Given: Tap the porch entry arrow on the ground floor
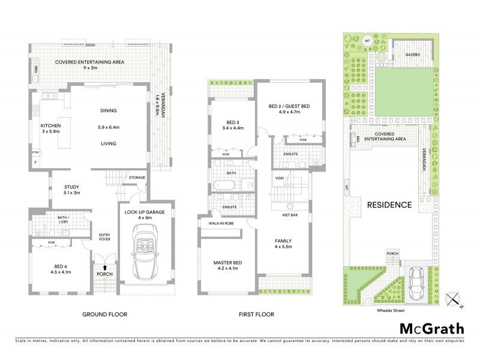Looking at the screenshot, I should tap(106, 268).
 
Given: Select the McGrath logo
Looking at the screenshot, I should tap(432, 329).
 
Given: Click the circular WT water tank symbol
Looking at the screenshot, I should tap(367, 41).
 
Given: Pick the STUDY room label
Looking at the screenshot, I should tap(71, 190).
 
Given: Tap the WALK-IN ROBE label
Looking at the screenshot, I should tap(221, 223).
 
